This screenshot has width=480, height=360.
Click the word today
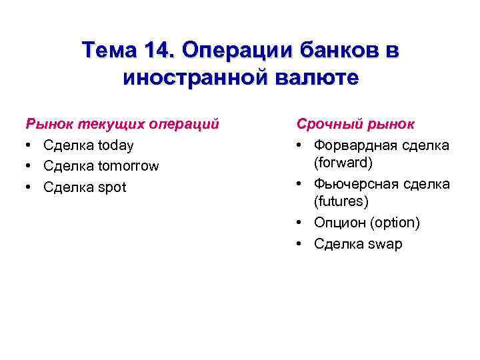pos(116,145)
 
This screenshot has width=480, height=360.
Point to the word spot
pos(111,187)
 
